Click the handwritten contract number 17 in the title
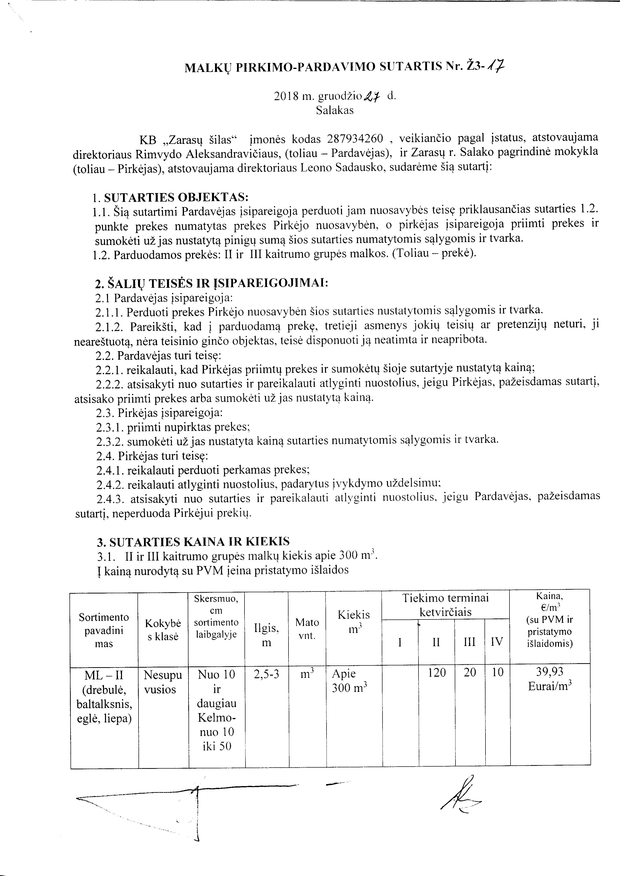499,67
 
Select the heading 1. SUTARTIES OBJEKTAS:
170,197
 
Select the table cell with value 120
436,672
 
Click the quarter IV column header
497,642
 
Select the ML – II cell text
104,675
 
